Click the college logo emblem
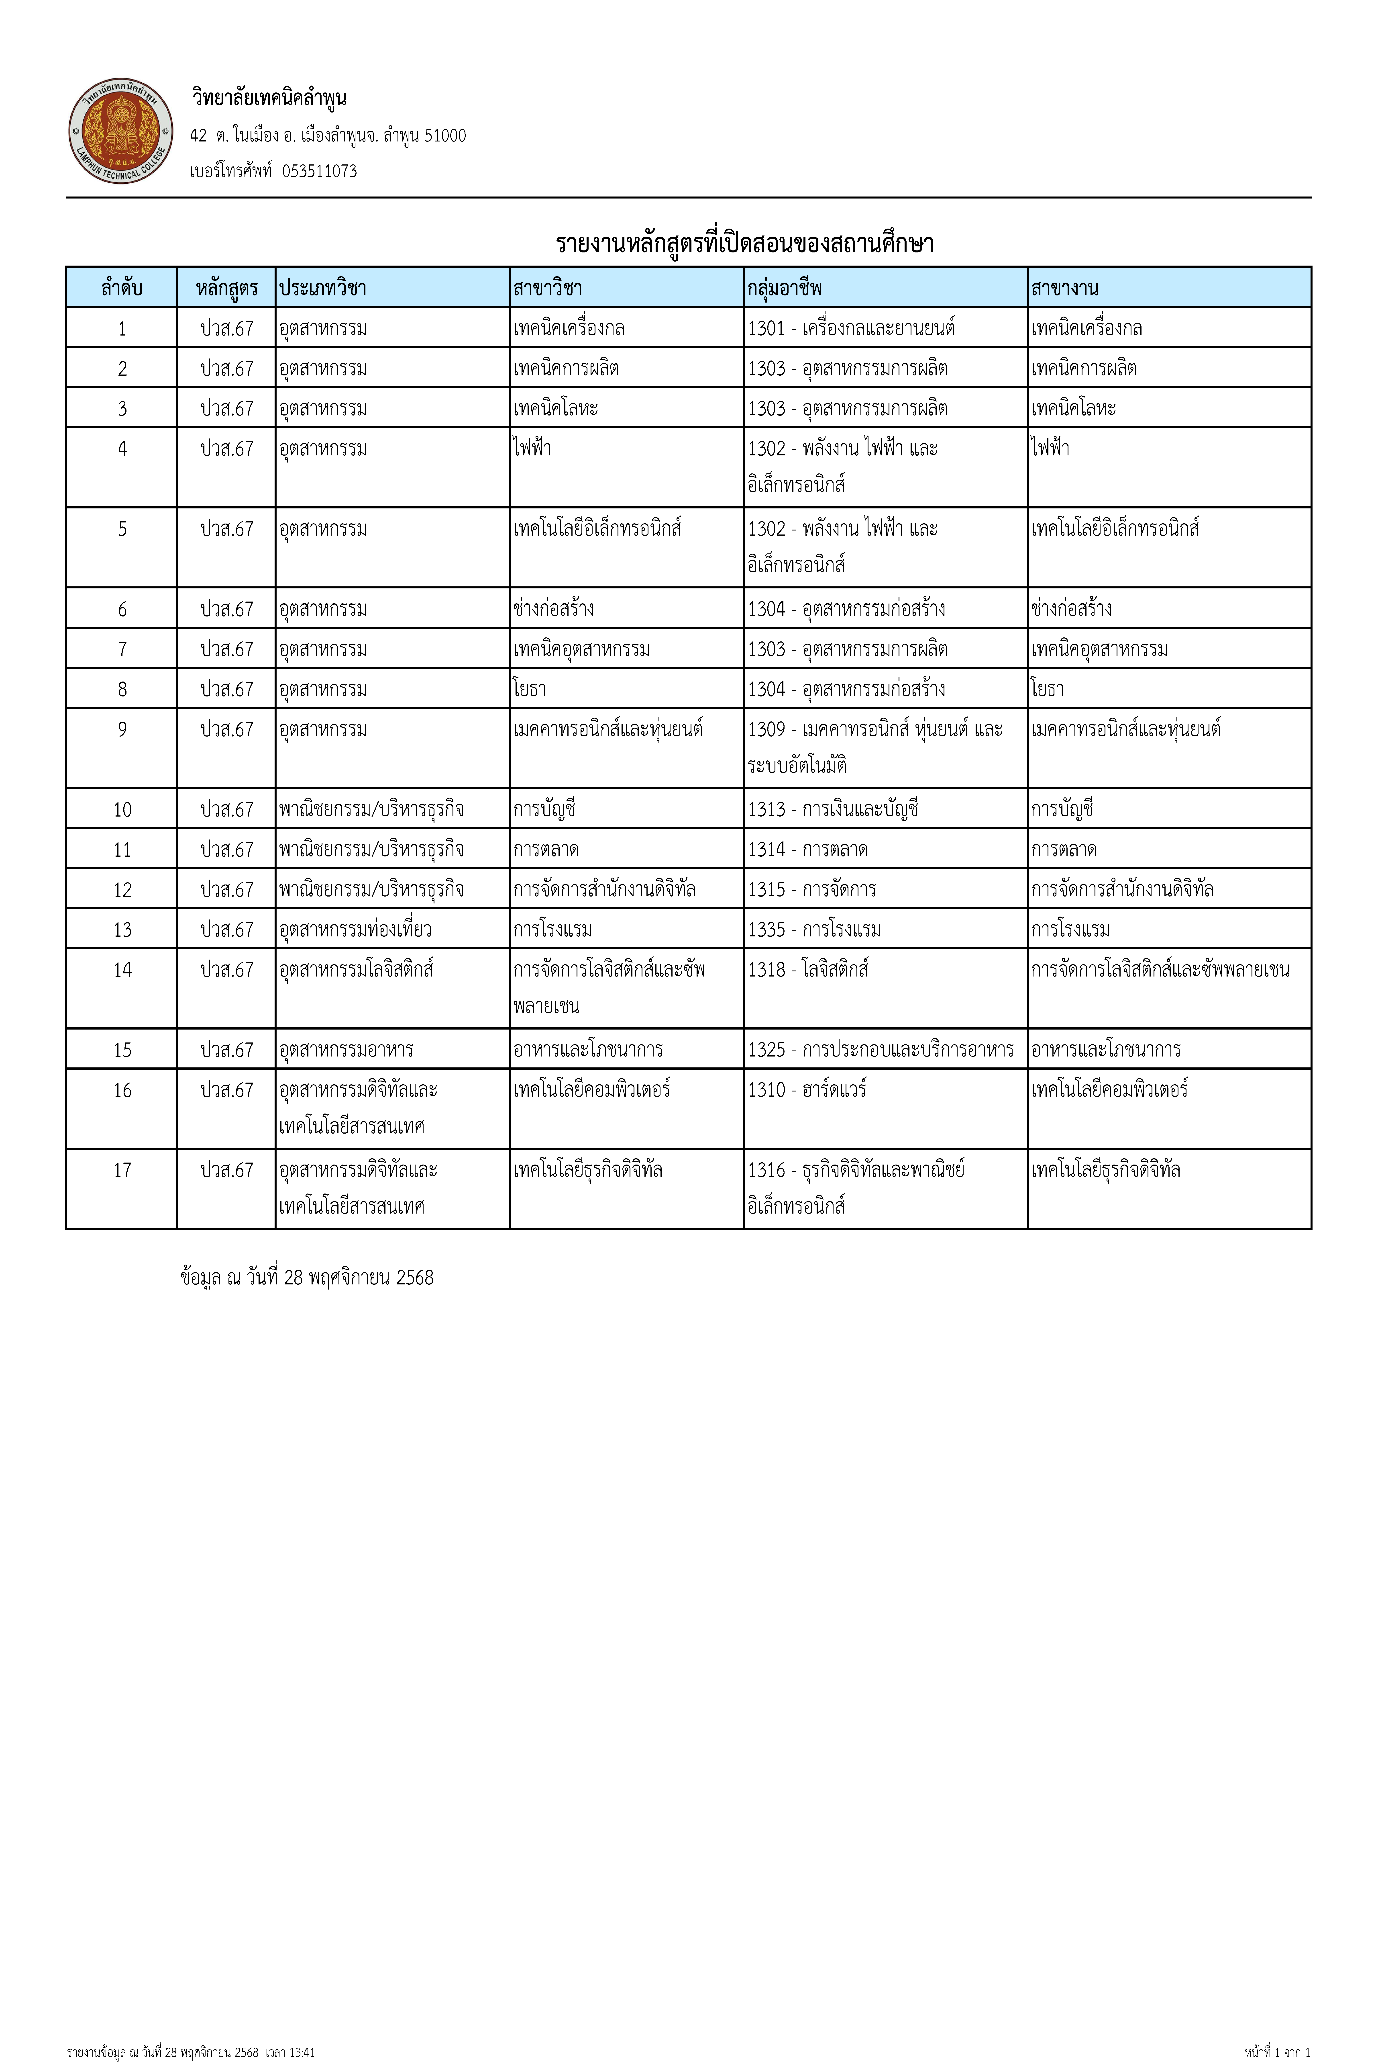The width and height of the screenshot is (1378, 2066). pos(120,132)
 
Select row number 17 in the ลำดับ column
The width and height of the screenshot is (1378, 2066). pos(122,1170)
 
